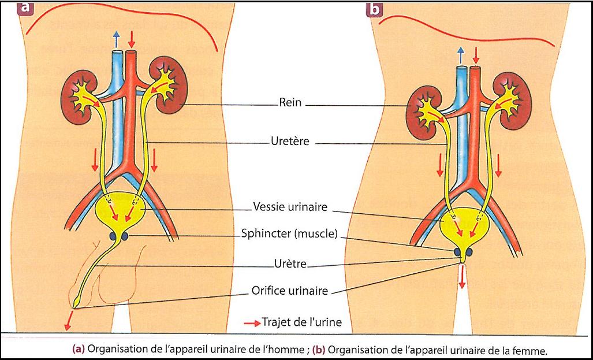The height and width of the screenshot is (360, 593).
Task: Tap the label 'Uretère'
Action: tap(290, 141)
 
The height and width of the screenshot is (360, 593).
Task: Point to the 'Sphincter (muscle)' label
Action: tap(289, 235)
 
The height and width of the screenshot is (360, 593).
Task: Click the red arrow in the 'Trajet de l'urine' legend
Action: tap(252, 323)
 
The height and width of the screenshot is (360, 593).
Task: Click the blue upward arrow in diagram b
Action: tap(461, 54)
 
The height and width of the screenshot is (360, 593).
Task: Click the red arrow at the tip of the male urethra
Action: tap(70, 318)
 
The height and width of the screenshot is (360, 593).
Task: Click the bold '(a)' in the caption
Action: tap(79, 350)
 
